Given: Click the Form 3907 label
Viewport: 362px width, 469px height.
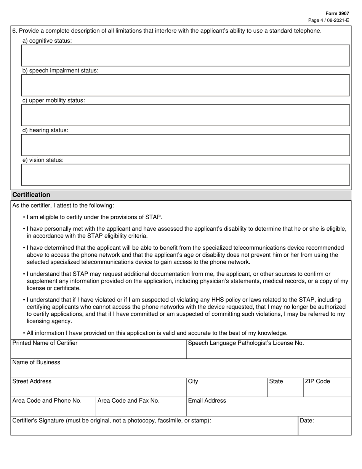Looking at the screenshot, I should pyautogui.click(x=338, y=13).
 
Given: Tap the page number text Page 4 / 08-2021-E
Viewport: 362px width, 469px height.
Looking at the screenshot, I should pyautogui.click(x=328, y=20).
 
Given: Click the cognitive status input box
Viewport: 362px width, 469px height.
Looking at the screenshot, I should pyautogui.click(x=185, y=56).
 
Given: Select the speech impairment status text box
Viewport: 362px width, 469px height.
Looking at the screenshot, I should pyautogui.click(x=185, y=85).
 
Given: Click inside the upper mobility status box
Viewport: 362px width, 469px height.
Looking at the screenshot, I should pyautogui.click(x=185, y=115).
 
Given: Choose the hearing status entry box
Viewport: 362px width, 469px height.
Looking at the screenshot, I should pyautogui.click(x=185, y=145).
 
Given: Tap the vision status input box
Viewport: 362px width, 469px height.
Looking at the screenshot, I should pyautogui.click(x=185, y=175).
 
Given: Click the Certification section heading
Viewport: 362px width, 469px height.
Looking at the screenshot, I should pyautogui.click(x=31, y=195).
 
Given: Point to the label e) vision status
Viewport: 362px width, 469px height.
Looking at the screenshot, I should pyautogui.click(x=43, y=160).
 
